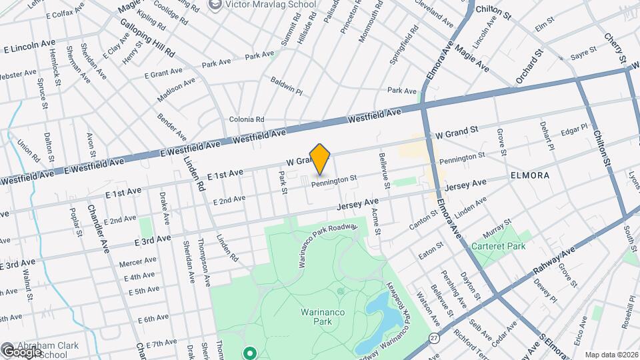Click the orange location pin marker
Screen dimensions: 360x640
320,159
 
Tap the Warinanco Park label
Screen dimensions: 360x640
313,315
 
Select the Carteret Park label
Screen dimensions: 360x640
499,246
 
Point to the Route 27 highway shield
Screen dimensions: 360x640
433,338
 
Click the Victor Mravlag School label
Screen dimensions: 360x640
270,4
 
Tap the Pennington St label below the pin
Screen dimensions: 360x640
334,179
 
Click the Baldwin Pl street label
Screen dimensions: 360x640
287,85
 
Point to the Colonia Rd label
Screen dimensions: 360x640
247,119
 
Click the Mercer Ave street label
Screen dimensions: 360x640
137,263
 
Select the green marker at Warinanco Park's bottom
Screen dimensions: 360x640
251,353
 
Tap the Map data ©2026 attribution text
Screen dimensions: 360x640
611,355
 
